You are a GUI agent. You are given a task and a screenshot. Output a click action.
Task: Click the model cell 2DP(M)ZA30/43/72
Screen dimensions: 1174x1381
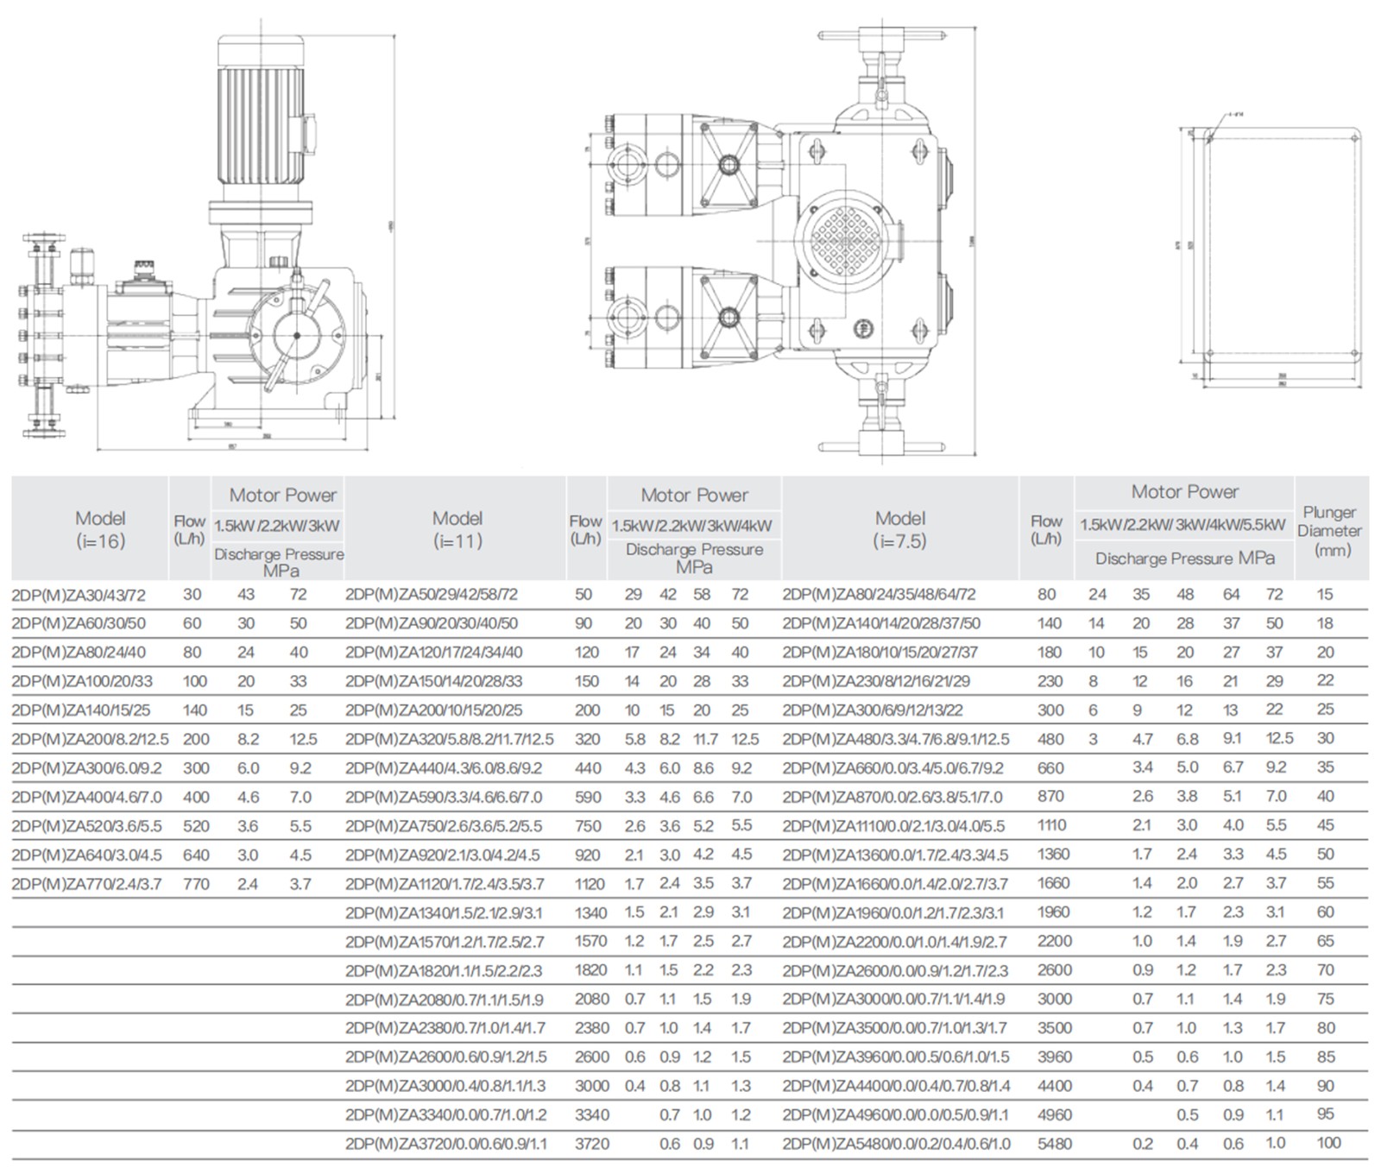pyautogui.click(x=79, y=595)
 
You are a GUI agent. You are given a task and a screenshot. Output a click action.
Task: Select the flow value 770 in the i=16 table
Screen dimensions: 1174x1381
pyautogui.click(x=196, y=884)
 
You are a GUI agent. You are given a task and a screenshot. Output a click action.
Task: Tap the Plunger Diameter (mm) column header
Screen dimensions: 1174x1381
pyautogui.click(x=1329, y=531)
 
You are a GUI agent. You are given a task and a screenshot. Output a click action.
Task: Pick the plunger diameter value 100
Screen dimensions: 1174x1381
pyautogui.click(x=1328, y=1143)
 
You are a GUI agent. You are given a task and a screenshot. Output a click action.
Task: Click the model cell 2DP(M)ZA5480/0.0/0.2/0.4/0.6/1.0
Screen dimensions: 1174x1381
pyautogui.click(x=896, y=1144)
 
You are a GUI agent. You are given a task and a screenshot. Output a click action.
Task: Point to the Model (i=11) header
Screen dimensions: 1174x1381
pyautogui.click(x=457, y=529)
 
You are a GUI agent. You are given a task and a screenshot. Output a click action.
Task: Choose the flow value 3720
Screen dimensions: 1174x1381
pyautogui.click(x=591, y=1144)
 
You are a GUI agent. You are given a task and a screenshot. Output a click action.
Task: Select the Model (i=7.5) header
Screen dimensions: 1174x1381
pyautogui.click(x=899, y=529)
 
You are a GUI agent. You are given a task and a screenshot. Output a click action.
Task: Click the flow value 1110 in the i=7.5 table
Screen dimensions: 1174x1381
pyautogui.click(x=1051, y=825)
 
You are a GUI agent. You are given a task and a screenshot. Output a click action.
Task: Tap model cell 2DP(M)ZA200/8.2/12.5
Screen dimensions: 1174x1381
pyautogui.click(x=90, y=740)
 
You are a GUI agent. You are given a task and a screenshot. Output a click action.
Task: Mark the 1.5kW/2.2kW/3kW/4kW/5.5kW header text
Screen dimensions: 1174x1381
pyautogui.click(x=1183, y=525)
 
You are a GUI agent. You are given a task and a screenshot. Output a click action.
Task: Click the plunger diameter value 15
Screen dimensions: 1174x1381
pyautogui.click(x=1325, y=595)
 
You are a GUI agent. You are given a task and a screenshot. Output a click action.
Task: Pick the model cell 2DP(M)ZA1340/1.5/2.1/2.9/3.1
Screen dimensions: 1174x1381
pyautogui.click(x=445, y=912)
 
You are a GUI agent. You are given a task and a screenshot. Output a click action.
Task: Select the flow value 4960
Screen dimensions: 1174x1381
pyautogui.click(x=1054, y=1114)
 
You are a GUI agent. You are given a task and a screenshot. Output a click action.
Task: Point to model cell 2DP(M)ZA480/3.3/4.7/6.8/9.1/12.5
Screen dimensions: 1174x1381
pyautogui.click(x=895, y=740)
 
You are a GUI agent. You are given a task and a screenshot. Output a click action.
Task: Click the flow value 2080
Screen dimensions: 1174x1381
pyautogui.click(x=591, y=999)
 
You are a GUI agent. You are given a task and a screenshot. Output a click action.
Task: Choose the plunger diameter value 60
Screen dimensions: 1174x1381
pyautogui.click(x=1325, y=912)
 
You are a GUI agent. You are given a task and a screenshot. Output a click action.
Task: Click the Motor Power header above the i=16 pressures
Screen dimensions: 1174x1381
pyautogui.click(x=282, y=495)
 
